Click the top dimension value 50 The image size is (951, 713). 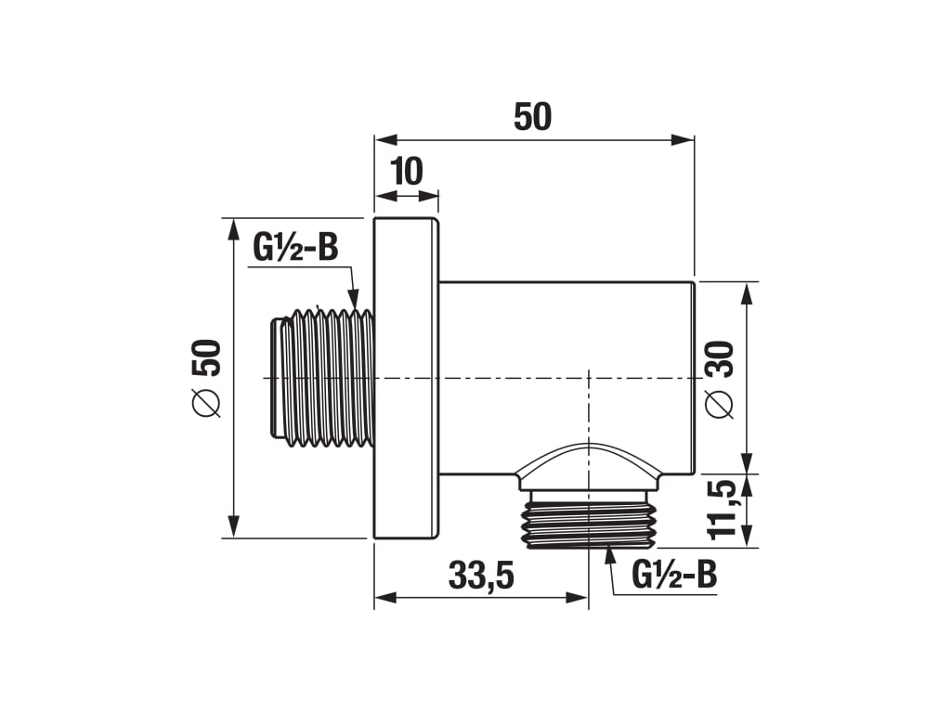coord(532,117)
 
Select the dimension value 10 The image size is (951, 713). coord(407,172)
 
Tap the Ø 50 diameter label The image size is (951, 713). coord(206,379)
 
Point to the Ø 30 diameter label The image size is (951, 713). coord(720,380)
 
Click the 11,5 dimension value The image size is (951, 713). coord(721,510)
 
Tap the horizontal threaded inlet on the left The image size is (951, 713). coord(321,378)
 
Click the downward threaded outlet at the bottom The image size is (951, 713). coord(588,519)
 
